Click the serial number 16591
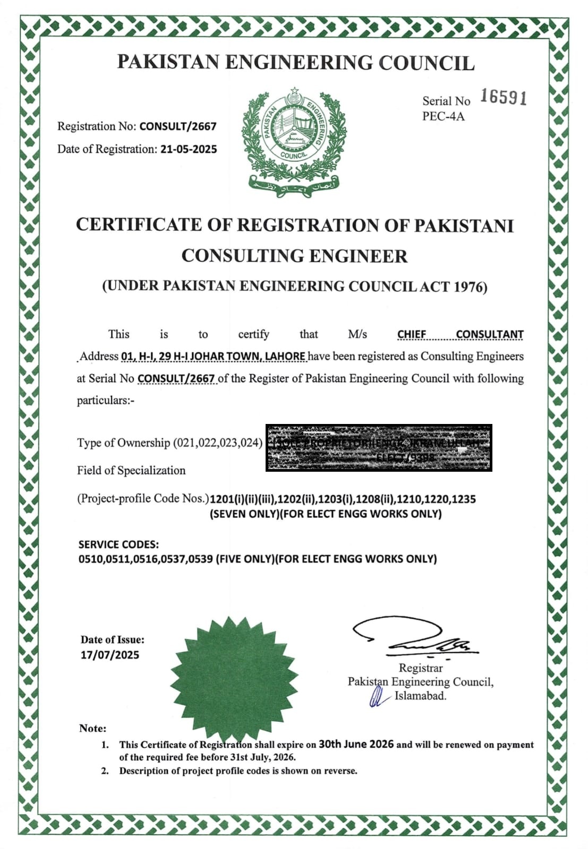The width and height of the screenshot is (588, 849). click(504, 97)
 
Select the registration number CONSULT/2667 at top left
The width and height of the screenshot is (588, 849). click(178, 126)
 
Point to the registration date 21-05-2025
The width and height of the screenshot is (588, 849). click(189, 149)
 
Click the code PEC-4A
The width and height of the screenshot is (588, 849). click(443, 116)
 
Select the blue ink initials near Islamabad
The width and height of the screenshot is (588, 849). click(378, 697)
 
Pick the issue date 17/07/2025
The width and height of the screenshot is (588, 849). click(110, 655)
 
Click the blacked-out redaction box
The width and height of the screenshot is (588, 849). click(379, 448)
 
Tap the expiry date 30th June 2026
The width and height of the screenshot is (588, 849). click(356, 744)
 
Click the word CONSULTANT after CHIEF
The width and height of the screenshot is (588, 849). click(489, 334)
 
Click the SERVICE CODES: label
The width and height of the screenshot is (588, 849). click(118, 544)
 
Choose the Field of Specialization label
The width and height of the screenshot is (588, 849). click(131, 471)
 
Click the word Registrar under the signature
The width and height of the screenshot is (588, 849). click(421, 668)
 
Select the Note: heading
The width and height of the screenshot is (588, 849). click(92, 728)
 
